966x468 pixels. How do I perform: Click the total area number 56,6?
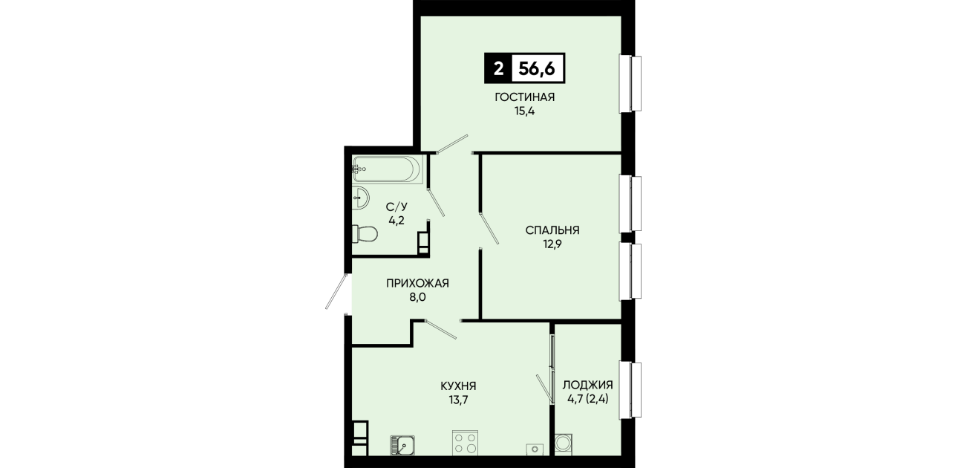pos(537,68)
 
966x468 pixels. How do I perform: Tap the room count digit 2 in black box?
pos(498,68)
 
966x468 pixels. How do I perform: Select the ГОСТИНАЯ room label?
pos(524,97)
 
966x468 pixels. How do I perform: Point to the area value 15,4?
pos(524,111)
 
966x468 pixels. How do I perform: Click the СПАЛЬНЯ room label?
pos(552,230)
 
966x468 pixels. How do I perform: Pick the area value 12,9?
pos(552,244)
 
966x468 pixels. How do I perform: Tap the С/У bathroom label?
pos(396,207)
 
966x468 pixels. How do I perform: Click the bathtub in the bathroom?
pos(388,169)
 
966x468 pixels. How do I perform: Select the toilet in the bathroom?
pos(365,234)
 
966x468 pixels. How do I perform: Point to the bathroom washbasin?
pos(361,198)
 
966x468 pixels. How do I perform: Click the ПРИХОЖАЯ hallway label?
pos(417,283)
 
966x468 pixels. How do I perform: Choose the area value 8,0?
pos(417,297)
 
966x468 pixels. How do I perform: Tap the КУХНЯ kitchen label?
pos(458,386)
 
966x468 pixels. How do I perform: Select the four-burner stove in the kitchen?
pos(465,443)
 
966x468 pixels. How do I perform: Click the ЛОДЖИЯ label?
pos(588,385)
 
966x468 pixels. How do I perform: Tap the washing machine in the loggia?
pos(564,443)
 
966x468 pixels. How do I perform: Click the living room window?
pos(630,84)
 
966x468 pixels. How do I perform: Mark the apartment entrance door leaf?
pos(336,291)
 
